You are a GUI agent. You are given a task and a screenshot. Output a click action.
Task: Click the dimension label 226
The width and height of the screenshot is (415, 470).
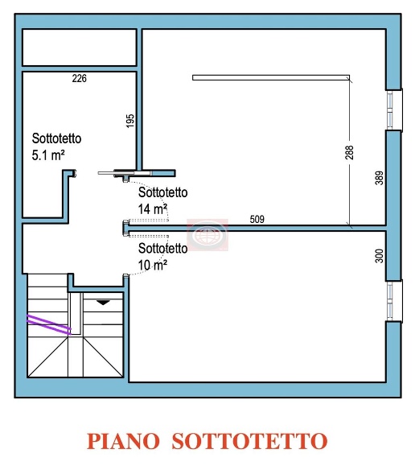79,79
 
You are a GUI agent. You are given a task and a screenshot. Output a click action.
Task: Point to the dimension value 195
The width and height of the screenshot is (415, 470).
130,120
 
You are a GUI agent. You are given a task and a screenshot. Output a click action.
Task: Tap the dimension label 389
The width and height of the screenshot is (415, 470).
380,179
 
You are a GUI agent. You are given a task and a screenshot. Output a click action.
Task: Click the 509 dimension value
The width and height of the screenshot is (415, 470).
257,219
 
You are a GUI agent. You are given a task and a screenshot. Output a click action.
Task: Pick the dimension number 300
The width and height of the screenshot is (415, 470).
380,257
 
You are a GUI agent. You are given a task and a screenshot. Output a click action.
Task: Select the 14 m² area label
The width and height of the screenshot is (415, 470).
153,208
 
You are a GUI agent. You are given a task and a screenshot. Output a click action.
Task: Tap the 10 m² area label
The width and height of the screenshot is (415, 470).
153,264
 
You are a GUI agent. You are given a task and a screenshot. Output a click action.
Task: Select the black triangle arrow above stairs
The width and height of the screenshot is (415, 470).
103,302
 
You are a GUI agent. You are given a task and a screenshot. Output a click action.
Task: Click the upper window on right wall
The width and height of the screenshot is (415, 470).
393,109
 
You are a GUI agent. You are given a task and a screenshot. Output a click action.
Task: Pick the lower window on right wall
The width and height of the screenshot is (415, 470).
393,301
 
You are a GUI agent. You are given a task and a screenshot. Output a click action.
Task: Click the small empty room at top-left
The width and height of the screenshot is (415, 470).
78,48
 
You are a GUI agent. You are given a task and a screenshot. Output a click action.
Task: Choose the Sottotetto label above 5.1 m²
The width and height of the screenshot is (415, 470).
56,138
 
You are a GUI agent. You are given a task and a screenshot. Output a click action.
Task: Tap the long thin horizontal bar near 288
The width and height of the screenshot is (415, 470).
270,78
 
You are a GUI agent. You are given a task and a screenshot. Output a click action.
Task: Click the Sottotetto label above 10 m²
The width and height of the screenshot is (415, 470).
163,249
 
